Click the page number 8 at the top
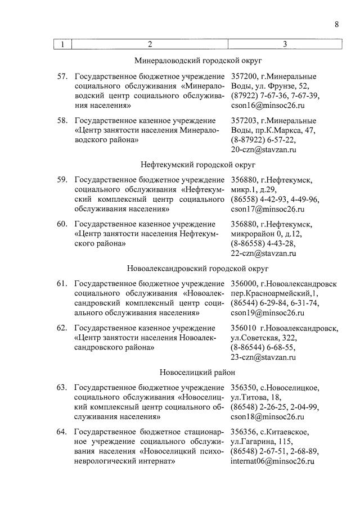pyautogui.click(x=336, y=24)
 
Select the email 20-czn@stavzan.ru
pyautogui.click(x=263, y=149)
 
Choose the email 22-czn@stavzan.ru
pyautogui.click(x=263, y=253)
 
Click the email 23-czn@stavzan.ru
pyautogui.click(x=263, y=357)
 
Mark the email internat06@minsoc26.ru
pyautogui.click(x=272, y=461)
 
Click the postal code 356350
pyautogui.click(x=245, y=387)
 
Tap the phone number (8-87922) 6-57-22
pyautogui.click(x=263, y=140)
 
